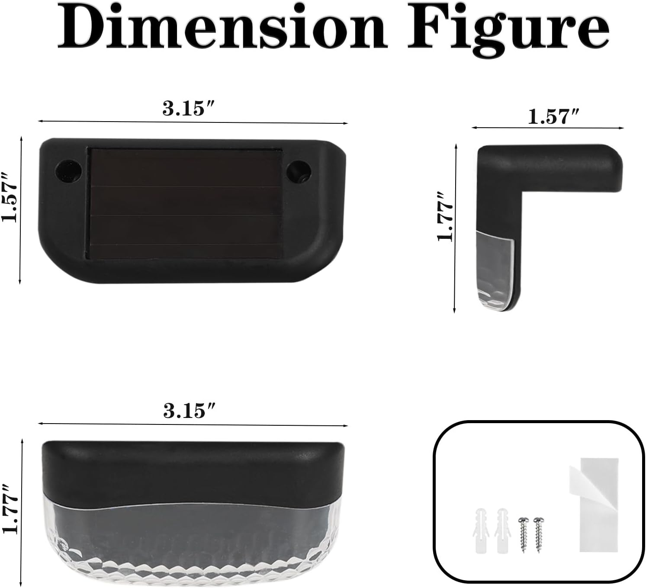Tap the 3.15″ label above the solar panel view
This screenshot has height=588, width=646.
pos(188,108)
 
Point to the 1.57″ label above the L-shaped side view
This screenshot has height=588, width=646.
pos(553,116)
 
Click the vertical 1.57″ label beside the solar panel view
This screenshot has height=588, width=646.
pos(10,197)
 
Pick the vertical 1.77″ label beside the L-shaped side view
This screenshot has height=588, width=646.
pos(445,216)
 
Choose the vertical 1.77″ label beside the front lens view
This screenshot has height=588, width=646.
pos(10,508)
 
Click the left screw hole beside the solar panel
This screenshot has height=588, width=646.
pos(69,170)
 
